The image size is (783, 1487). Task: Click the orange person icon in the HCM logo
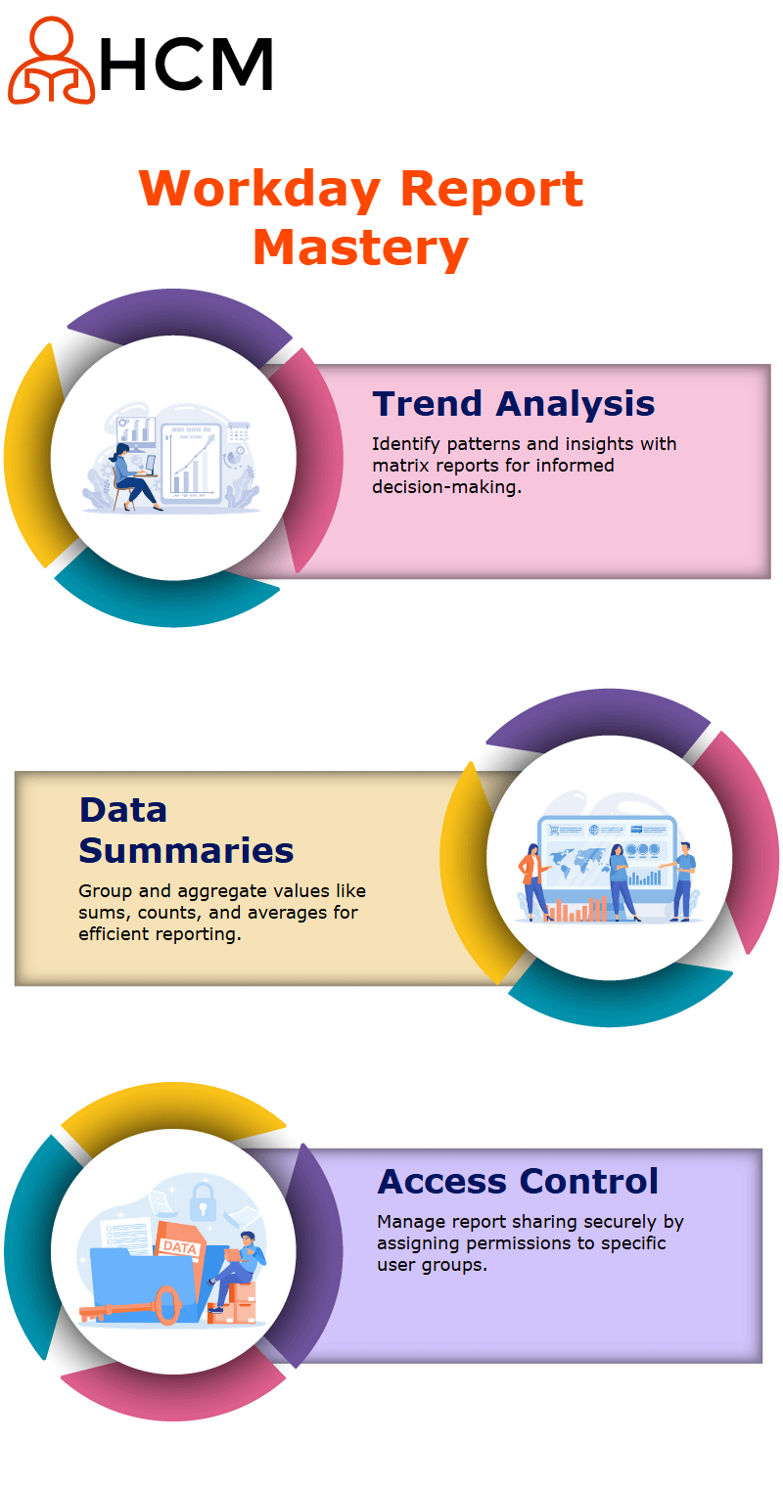[51, 61]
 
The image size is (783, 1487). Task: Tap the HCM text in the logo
[186, 64]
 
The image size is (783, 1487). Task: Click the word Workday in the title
[260, 191]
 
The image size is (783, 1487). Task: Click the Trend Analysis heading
[514, 404]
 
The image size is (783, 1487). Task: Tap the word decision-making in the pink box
[447, 487]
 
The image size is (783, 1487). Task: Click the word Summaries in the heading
[186, 850]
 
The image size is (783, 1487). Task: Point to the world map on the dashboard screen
[579, 862]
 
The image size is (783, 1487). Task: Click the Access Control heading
[518, 1182]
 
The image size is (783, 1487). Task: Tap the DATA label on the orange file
[179, 1247]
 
